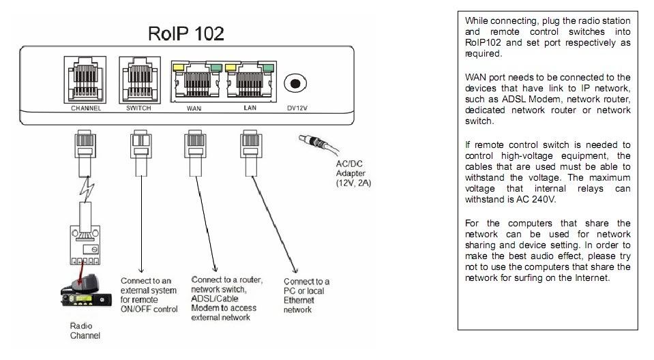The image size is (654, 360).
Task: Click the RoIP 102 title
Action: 186,33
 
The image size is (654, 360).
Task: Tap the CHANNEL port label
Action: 86,108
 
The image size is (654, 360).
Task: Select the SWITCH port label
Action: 138,108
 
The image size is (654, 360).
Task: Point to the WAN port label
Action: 193,108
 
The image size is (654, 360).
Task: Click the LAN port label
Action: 249,108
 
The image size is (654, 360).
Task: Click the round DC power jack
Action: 295,83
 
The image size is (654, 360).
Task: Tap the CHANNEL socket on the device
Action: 86,79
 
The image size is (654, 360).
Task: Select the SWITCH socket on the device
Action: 138,79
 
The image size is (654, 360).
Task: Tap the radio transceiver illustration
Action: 83,290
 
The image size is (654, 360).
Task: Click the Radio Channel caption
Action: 85,331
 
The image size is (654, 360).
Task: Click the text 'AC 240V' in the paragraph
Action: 537,200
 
